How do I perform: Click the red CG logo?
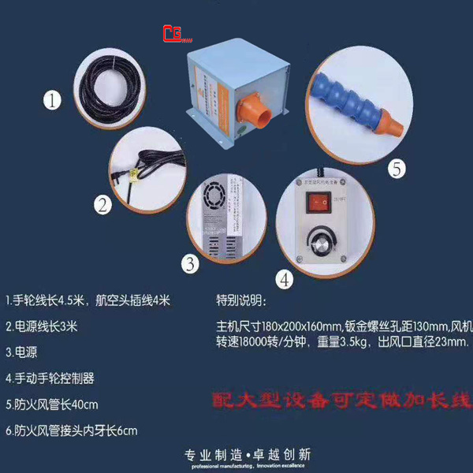(176, 34)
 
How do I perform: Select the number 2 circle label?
(103, 205)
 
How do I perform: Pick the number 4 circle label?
(285, 277)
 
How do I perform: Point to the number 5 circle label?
(398, 168)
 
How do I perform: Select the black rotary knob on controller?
(320, 240)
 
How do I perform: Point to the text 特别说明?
(241, 300)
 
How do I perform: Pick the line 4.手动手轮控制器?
(50, 378)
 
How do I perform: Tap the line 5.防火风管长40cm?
(52, 404)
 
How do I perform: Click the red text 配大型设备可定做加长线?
(341, 400)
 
